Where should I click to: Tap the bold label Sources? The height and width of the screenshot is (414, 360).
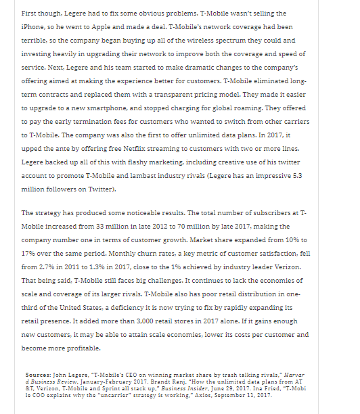38,373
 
